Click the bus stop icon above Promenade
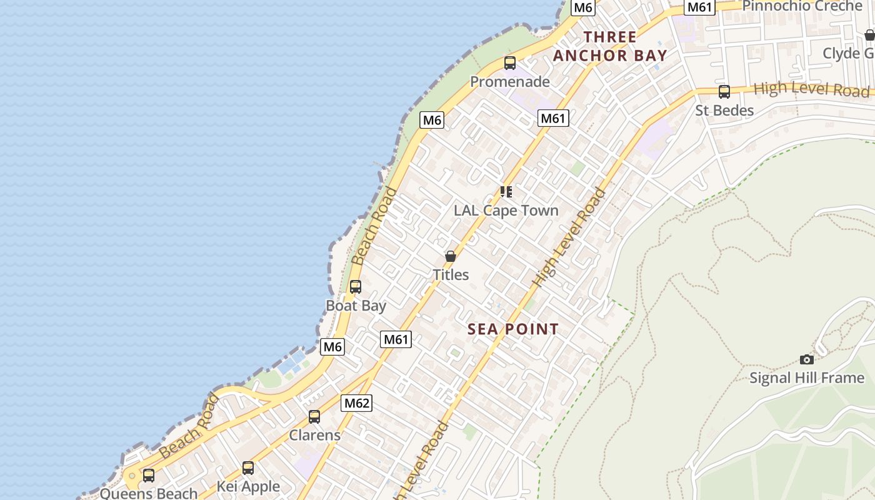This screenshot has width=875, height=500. click(510, 63)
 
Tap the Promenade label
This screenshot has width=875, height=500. click(510, 82)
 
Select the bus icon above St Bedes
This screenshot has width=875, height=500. click(724, 92)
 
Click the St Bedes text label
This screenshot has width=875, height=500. click(724, 111)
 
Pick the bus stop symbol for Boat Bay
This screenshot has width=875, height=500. click(356, 287)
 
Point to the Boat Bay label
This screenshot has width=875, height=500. click(356, 306)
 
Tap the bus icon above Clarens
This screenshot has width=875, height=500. click(314, 416)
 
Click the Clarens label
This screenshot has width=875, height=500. click(314, 435)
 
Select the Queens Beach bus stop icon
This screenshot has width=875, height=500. click(149, 475)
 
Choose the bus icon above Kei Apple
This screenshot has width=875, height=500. click(248, 467)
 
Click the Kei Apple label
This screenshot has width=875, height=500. click(248, 486)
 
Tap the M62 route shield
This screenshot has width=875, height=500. click(356, 403)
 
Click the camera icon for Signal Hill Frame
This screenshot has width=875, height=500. click(807, 359)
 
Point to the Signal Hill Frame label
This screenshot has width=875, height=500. click(807, 378)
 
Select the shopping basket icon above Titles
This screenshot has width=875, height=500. click(451, 256)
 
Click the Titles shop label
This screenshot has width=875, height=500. click(451, 275)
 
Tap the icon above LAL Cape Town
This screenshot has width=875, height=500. click(506, 192)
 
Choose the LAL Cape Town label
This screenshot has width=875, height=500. click(506, 211)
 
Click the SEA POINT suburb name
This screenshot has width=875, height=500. click(513, 329)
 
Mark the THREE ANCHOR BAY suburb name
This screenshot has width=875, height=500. click(610, 46)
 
